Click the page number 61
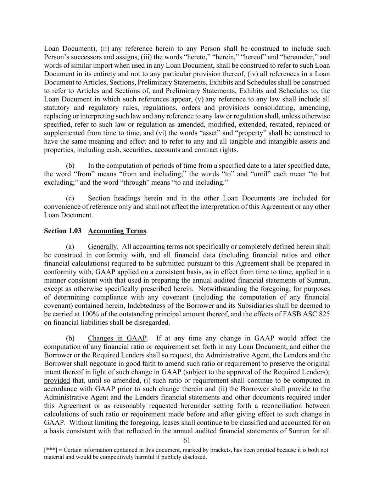(x=187, y=441)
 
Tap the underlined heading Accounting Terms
(x=117, y=231)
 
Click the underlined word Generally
(x=102, y=246)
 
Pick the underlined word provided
(x=57, y=380)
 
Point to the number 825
(x=324, y=314)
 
